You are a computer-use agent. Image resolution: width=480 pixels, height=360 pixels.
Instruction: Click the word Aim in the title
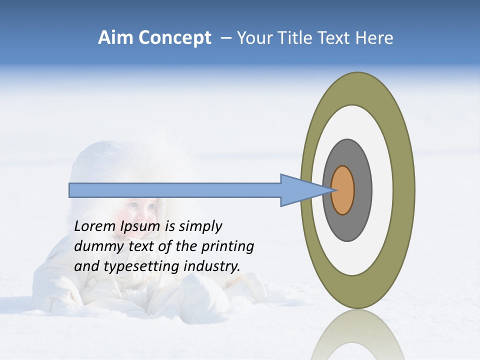click(x=115, y=38)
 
